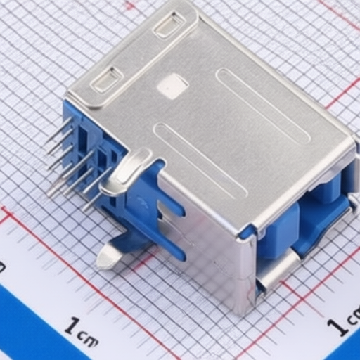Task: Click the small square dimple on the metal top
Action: tap(172, 86)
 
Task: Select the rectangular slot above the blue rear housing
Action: tap(107, 79)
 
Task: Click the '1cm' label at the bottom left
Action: tap(81, 329)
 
